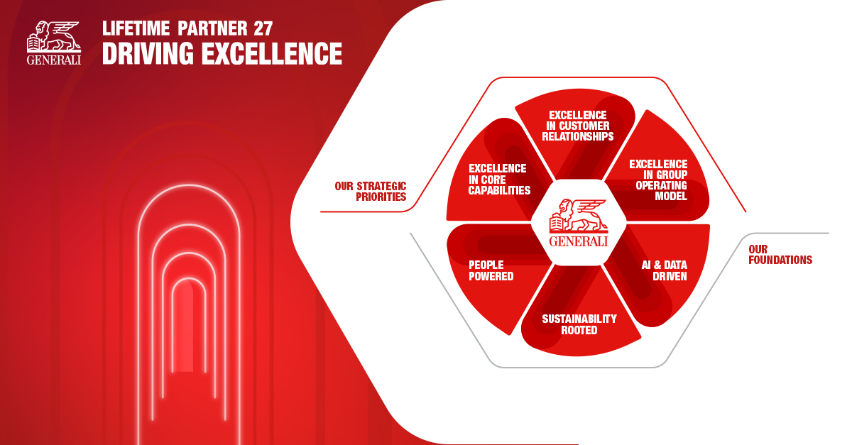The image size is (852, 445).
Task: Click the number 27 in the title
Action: coord(263,28)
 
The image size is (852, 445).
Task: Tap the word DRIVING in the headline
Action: coord(148,53)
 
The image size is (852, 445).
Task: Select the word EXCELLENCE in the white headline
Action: coord(271,53)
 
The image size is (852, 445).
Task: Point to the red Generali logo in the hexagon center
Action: coord(579,223)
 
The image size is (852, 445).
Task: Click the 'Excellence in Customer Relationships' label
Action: coord(578,126)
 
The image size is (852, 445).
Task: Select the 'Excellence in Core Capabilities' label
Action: coord(499,180)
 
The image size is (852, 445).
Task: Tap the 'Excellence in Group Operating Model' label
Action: coord(658,180)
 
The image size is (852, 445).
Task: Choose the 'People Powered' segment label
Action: coord(491,270)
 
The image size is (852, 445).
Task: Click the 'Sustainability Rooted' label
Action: coord(579,324)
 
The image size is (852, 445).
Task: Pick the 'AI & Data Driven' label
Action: coord(664,270)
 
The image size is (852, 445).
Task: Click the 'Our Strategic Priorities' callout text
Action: coord(371,192)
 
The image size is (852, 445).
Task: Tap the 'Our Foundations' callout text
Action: coord(780,255)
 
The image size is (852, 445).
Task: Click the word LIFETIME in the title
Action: coord(136,28)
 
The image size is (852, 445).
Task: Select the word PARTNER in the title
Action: coord(212,28)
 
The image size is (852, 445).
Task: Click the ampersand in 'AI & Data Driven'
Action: coord(657,265)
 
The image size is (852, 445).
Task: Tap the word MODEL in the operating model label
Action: coord(671,196)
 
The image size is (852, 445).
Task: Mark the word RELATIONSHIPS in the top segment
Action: coord(578,136)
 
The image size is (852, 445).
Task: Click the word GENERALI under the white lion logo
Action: coord(54,60)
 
